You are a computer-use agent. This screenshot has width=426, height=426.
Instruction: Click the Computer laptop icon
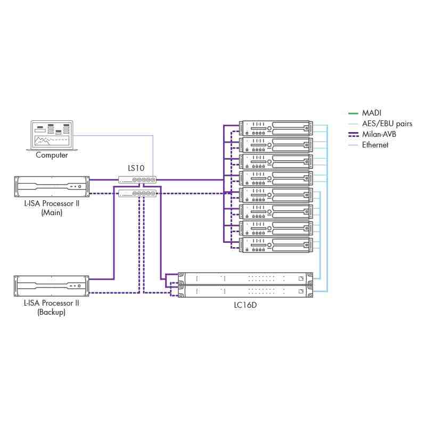(x=52, y=136)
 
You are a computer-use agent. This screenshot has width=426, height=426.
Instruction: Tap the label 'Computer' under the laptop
(x=52, y=155)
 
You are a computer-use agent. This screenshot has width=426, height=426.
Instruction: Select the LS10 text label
(x=136, y=168)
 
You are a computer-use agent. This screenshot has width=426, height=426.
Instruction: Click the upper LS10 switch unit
(x=137, y=180)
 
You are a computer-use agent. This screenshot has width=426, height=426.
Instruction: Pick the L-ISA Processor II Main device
(x=52, y=186)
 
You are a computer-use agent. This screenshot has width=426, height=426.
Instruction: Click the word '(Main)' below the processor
(x=52, y=212)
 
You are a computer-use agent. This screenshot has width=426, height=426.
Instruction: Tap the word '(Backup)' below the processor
(x=52, y=313)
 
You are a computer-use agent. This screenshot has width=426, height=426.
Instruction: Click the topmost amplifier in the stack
(x=275, y=128)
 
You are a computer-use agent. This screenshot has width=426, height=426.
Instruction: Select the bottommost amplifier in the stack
(x=275, y=245)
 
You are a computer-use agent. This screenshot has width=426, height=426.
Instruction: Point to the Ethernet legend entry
(x=375, y=144)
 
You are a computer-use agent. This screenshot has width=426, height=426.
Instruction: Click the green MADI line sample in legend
(x=353, y=113)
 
